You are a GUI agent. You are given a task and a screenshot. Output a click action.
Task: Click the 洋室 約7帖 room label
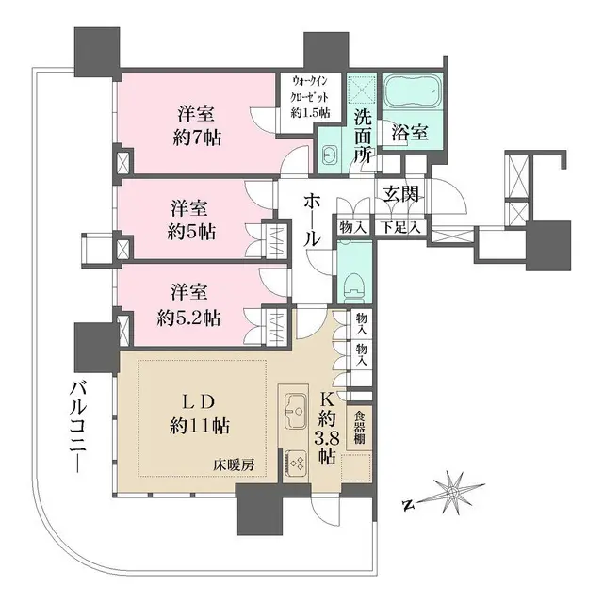197,124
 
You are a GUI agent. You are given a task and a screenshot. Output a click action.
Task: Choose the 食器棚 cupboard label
359,425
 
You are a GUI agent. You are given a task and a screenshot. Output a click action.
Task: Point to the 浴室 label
411,132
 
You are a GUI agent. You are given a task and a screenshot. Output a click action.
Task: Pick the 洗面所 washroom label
363,138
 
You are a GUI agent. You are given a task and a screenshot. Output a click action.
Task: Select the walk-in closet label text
309,96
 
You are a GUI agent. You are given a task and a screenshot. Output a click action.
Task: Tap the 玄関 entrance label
400,194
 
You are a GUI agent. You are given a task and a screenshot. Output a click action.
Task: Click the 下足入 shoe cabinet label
400,227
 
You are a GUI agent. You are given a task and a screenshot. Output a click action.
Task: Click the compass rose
452,493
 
